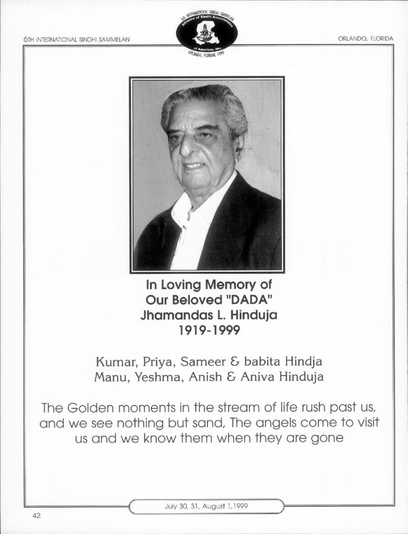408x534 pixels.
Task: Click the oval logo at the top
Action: coord(207,33)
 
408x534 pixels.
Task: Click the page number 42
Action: coord(36,516)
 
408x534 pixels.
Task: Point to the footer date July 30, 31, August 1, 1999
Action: coord(207,506)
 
